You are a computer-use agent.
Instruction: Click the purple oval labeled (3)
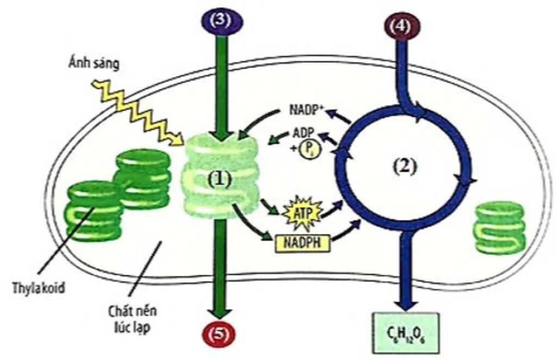click(x=221, y=21)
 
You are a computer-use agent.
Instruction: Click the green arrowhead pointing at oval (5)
click(x=219, y=313)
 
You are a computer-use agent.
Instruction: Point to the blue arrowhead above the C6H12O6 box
click(x=404, y=302)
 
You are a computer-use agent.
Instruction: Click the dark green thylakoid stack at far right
click(x=500, y=227)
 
